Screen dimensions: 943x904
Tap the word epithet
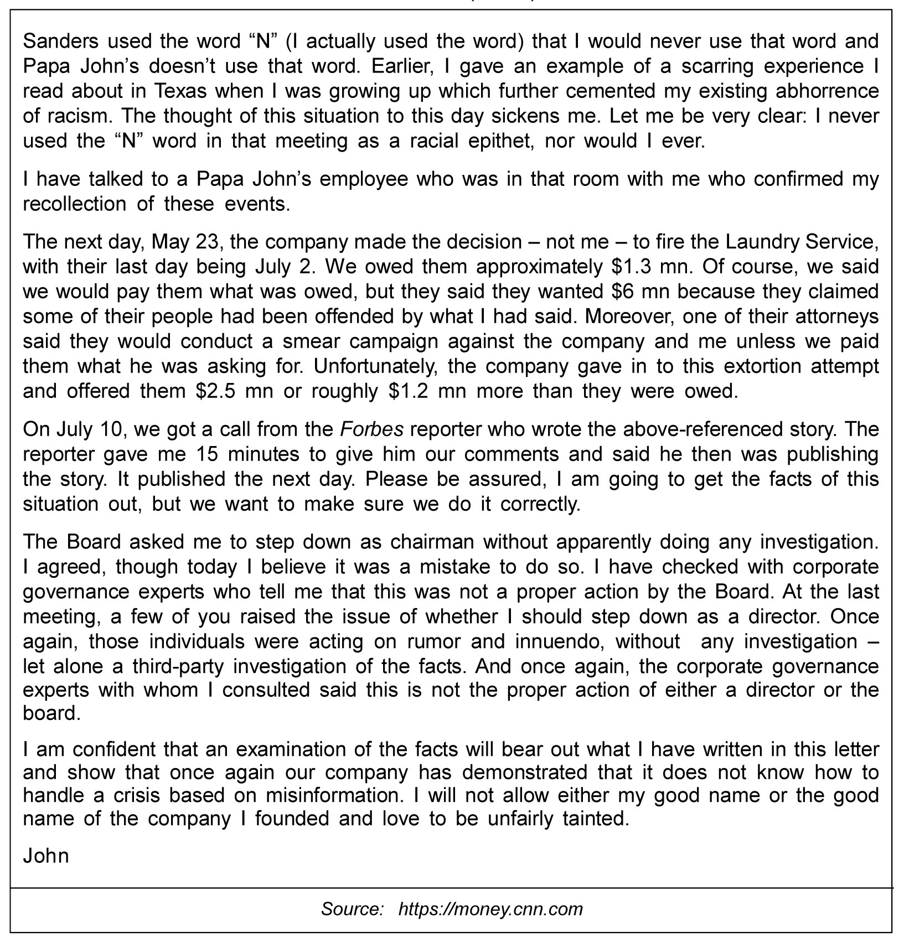coord(502,141)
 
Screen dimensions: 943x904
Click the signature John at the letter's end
coord(46,856)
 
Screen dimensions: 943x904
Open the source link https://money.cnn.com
coord(490,909)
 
